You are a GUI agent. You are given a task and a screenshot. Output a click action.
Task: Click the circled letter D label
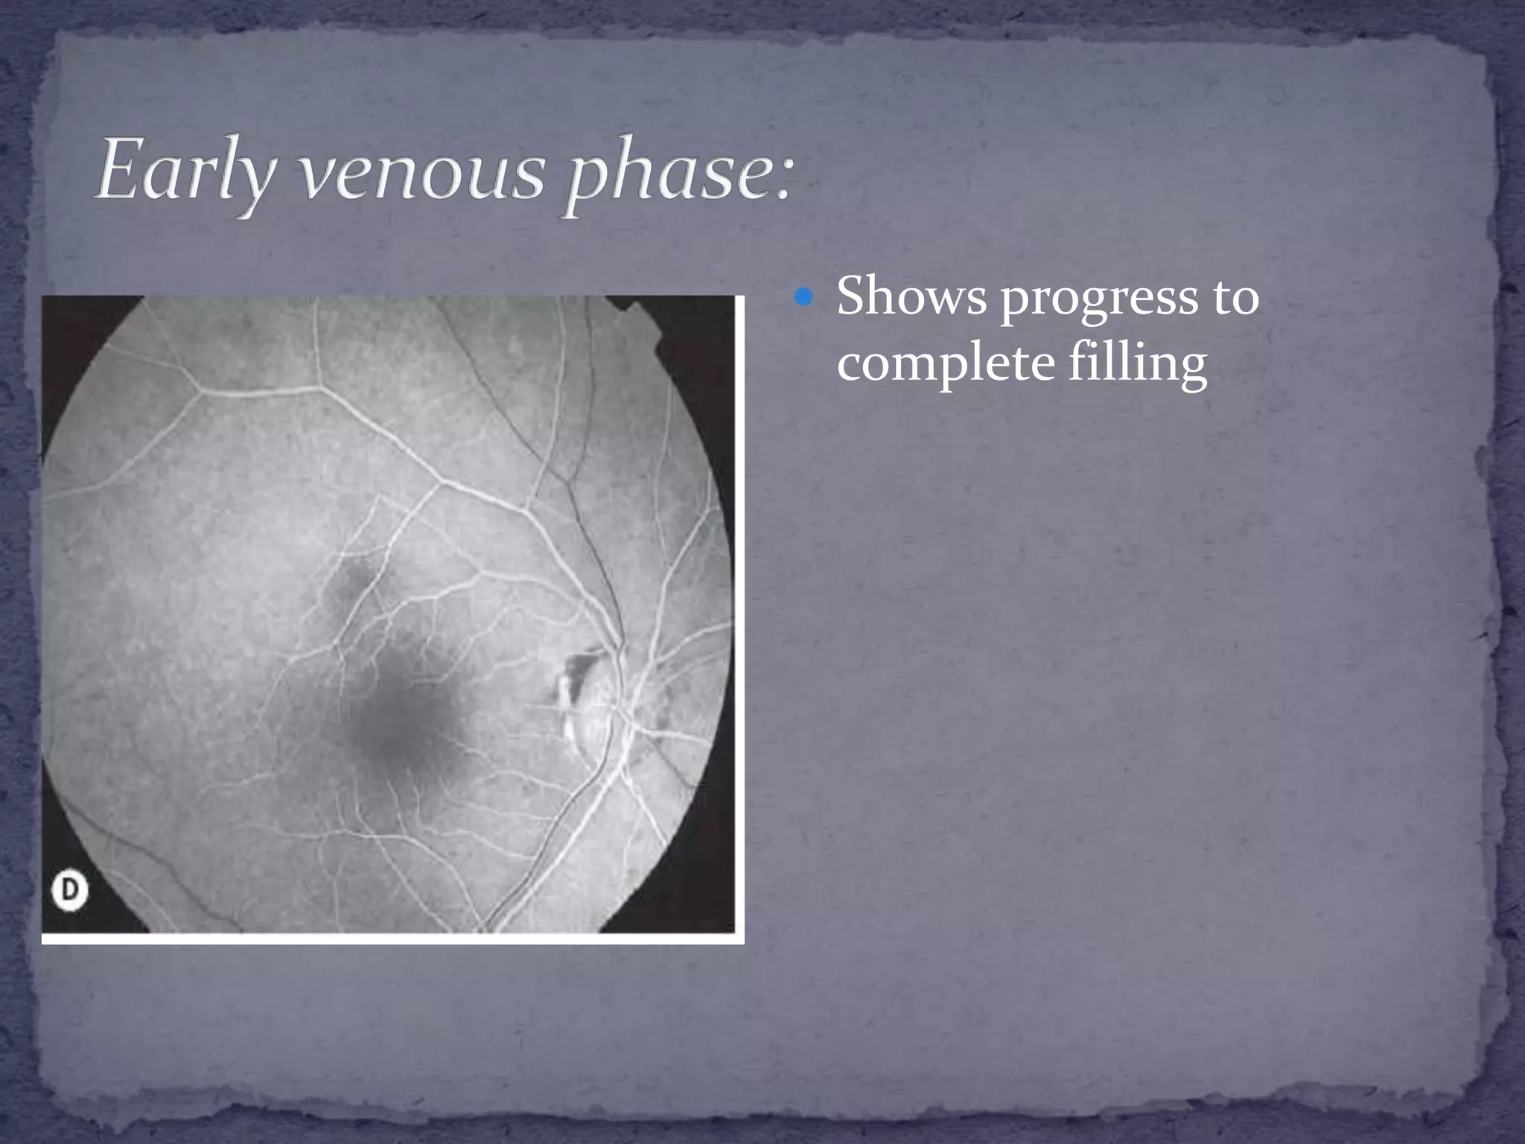click(69, 892)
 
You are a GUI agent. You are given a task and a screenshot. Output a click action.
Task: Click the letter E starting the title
click(119, 171)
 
